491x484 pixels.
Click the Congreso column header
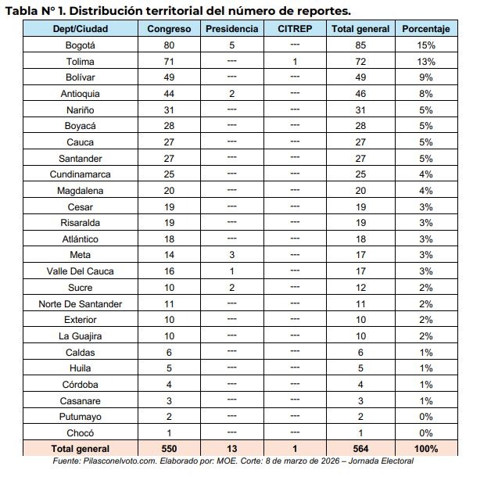coord(169,29)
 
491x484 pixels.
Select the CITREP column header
coord(294,29)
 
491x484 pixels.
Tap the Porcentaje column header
coord(426,29)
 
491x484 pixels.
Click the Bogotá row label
coord(81,45)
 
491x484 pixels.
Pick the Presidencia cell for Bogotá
coord(231,45)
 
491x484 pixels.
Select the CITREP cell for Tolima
coord(294,62)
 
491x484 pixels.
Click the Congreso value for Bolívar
coord(169,77)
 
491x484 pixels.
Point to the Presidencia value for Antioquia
coord(231,94)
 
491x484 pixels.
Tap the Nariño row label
coord(81,110)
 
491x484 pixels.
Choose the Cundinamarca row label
coord(81,174)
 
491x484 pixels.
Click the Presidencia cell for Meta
coord(231,255)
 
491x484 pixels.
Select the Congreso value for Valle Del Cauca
coord(169,271)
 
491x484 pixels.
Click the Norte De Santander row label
coord(81,303)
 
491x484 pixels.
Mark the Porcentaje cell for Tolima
coord(426,62)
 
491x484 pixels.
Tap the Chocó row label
coord(81,432)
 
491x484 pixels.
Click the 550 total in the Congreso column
coord(169,449)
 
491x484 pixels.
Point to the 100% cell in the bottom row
coord(426,449)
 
